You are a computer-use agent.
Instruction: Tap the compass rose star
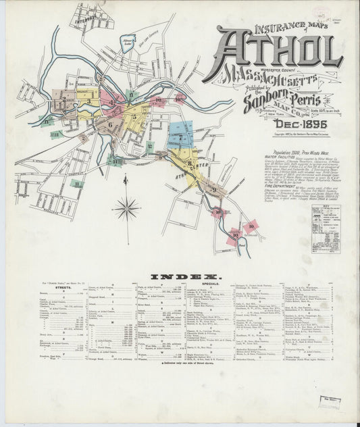click(126, 209)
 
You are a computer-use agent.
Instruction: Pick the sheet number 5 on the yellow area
click(134, 117)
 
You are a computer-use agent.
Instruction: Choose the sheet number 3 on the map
click(87, 101)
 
